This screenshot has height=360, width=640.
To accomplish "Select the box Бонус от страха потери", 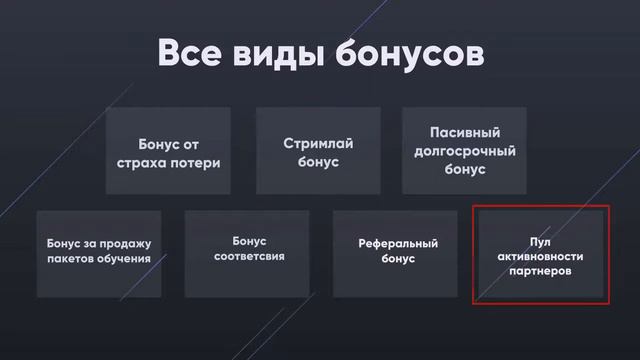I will (x=167, y=151).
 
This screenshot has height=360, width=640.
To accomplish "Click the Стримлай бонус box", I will (x=318, y=151).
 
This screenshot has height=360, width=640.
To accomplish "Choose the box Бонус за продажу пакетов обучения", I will (x=98, y=253).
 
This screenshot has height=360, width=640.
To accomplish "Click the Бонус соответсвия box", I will (x=246, y=253).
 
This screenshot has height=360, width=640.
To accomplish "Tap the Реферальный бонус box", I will (x=397, y=253).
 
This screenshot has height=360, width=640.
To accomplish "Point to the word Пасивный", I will (x=464, y=132).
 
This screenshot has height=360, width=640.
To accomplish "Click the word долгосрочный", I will (x=464, y=151).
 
